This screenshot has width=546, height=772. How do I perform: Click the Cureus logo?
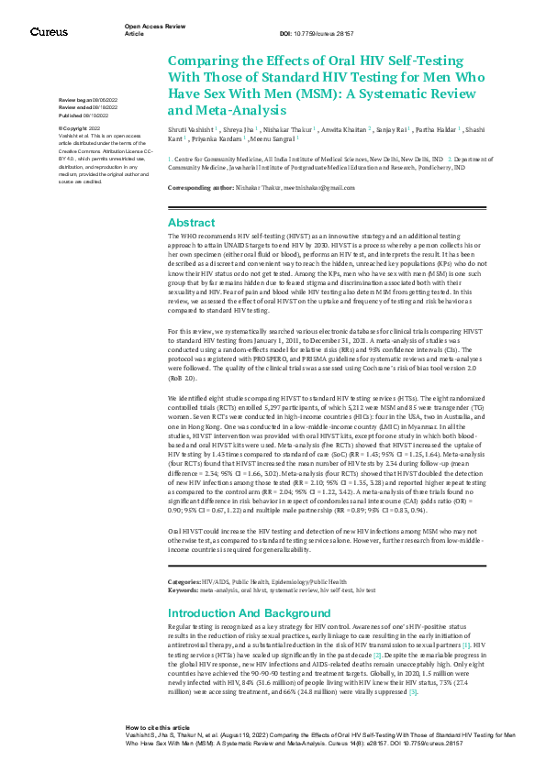[x=49, y=31]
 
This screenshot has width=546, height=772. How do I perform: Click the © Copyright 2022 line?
[x=80, y=128]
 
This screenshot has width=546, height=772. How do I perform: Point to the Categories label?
[x=184, y=582]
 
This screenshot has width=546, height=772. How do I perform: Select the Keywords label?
[x=182, y=590]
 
